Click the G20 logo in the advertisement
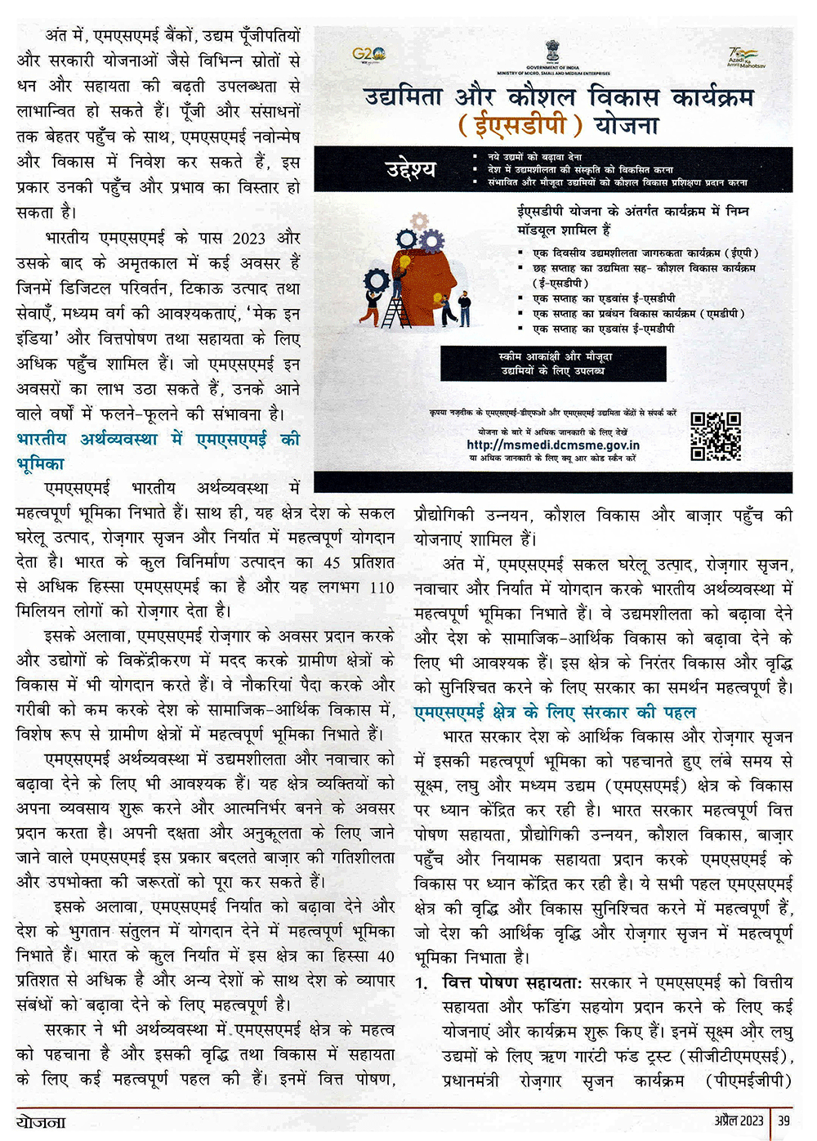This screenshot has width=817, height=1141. [x=368, y=55]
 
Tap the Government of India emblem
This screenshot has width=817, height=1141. [x=552, y=51]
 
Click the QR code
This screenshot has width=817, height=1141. [x=716, y=436]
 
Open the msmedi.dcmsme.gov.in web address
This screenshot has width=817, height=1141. [x=553, y=445]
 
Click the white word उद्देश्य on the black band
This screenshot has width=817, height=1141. [x=411, y=170]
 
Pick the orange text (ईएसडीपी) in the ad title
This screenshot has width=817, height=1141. [x=520, y=125]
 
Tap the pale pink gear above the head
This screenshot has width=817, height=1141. [x=420, y=221]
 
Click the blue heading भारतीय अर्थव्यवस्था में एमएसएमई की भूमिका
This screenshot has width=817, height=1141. [x=158, y=450]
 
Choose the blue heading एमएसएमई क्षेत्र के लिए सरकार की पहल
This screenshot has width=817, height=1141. [x=555, y=712]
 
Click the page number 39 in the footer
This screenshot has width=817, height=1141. [x=784, y=1121]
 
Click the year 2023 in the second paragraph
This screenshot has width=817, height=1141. [x=248, y=239]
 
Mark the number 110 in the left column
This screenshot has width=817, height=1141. [x=382, y=587]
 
